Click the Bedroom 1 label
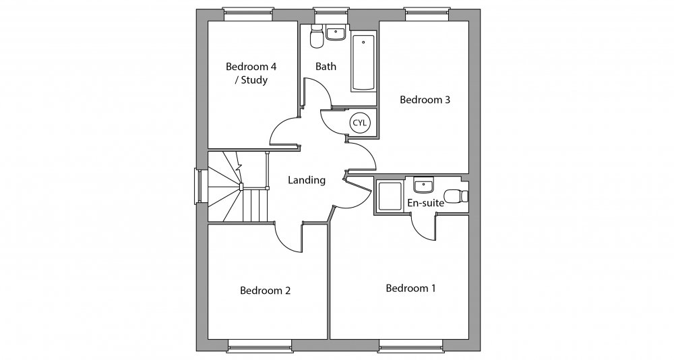pos(410,289)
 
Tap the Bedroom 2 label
pos(265,291)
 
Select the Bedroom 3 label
pos(425,100)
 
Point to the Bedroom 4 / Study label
pos(251,73)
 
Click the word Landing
pos(307,180)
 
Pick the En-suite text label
pos(425,202)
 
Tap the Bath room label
pos(326,67)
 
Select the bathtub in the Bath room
pos(364,63)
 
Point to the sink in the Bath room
pos(335,33)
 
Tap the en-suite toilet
pos(461,196)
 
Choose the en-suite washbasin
pos(423,184)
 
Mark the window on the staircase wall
pos(198,186)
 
